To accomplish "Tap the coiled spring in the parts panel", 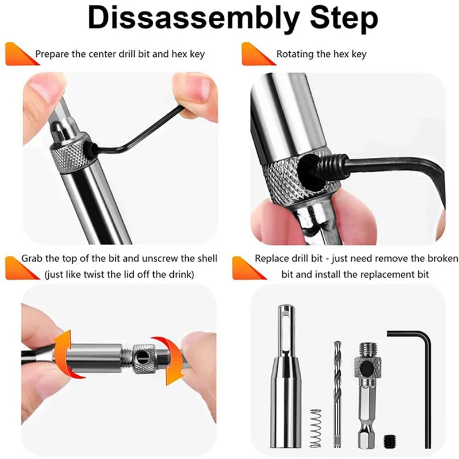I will coord(314,428).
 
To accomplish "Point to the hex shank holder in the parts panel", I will coord(365,396).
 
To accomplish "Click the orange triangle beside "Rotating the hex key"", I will coord(252,55).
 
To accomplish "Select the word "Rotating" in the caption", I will coord(295,55).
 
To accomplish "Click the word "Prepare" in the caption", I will coord(52,55).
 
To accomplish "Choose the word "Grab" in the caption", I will coord(32,258).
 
